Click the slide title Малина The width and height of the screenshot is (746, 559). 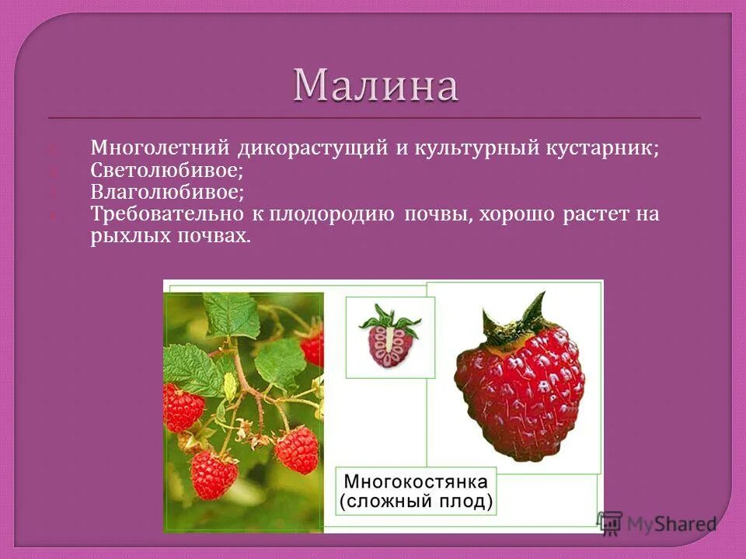[375, 85]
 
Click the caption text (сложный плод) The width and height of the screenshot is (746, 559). [416, 501]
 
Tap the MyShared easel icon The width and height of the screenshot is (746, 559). [611, 523]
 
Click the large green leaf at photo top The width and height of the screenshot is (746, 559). [232, 314]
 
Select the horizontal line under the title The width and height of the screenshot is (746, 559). [374, 118]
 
